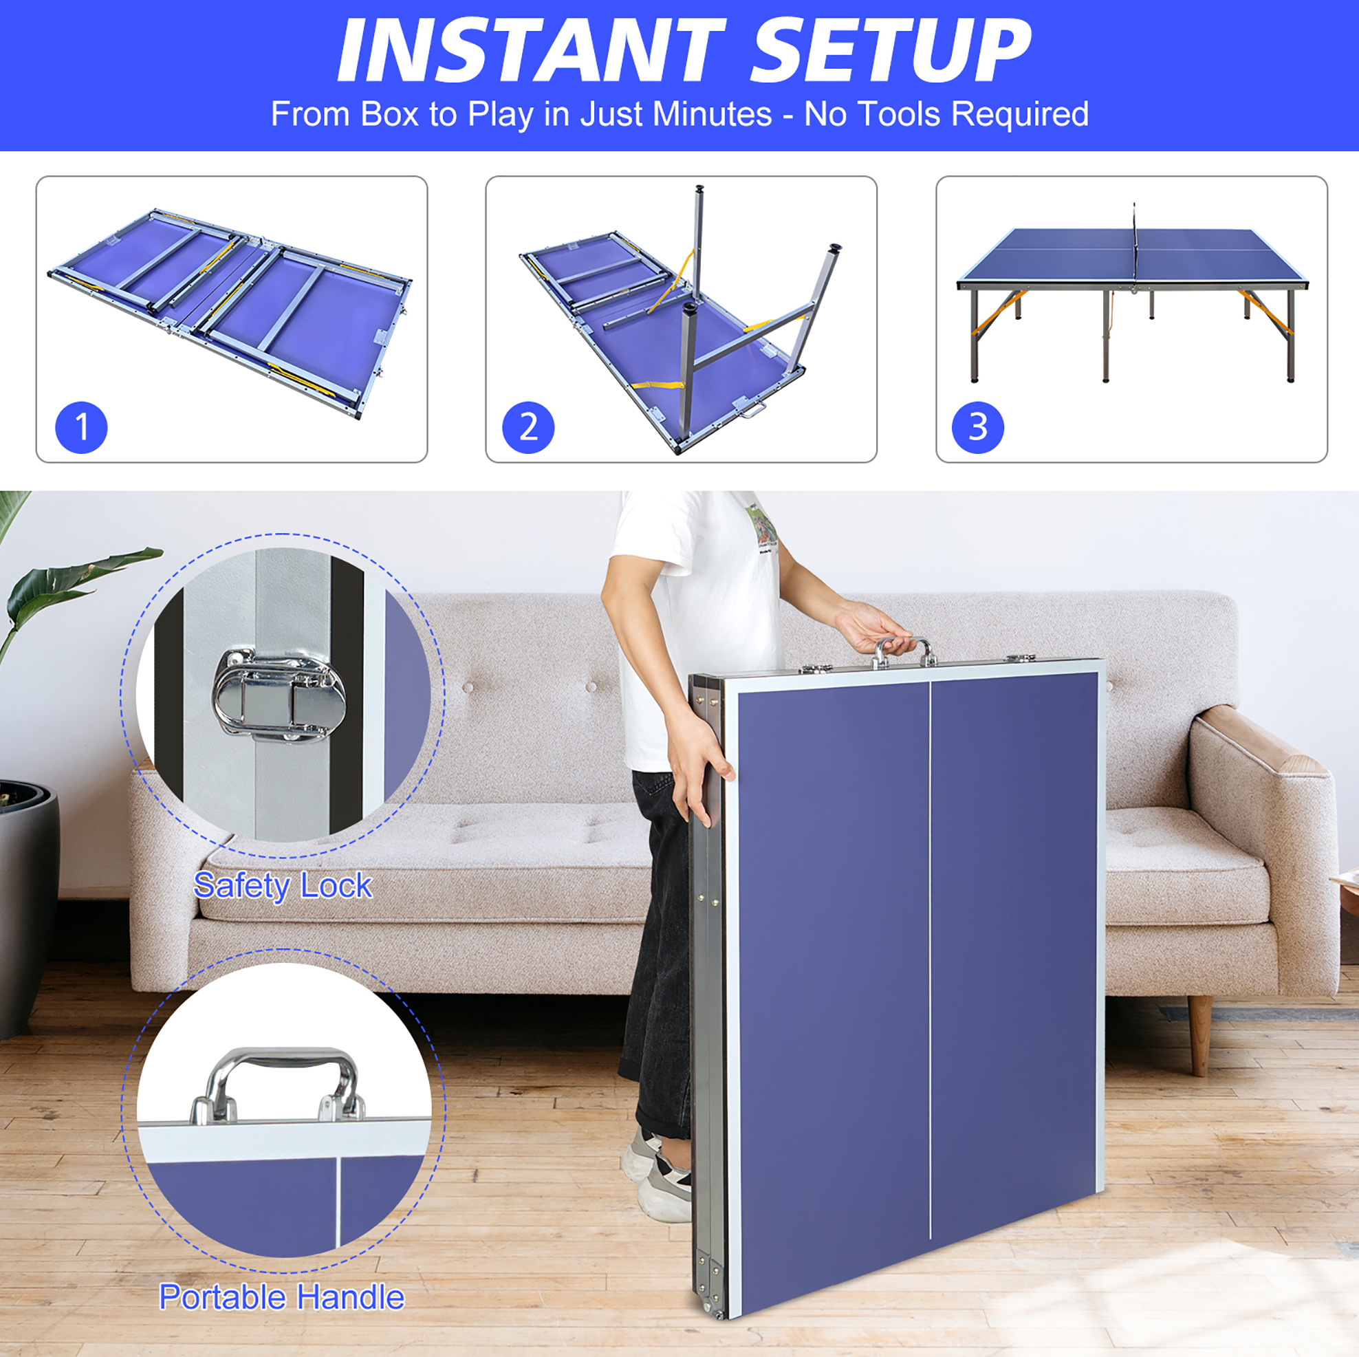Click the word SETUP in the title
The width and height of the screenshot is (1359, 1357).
coord(891,50)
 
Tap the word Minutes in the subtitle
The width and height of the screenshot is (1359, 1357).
coord(712,114)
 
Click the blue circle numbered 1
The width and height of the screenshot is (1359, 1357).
coord(82,428)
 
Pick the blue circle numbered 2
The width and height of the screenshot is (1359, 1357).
coord(528,428)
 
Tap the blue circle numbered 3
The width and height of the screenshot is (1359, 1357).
coord(978,428)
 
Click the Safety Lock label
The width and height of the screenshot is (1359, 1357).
coord(283,885)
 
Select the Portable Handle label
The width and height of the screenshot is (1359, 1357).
coord(282,1297)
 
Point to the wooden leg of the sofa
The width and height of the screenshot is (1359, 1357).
coord(1199,1035)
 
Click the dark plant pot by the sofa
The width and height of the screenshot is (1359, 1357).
coord(28,908)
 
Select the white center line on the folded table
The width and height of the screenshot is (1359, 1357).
coord(930,960)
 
